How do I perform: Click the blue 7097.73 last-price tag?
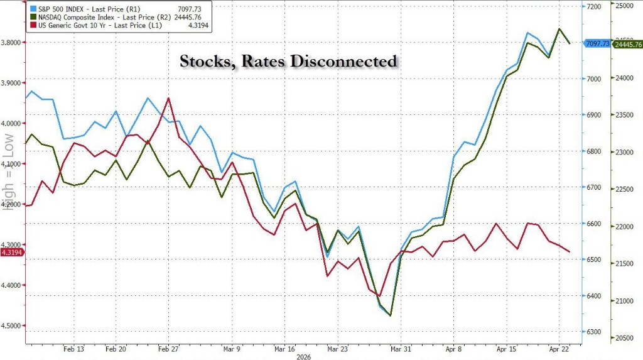(x=597, y=43)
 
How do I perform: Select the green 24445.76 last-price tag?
(x=629, y=44)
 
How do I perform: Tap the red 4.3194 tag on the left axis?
(x=12, y=252)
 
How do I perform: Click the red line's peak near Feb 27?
(x=168, y=98)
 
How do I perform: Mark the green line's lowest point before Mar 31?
(x=391, y=315)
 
